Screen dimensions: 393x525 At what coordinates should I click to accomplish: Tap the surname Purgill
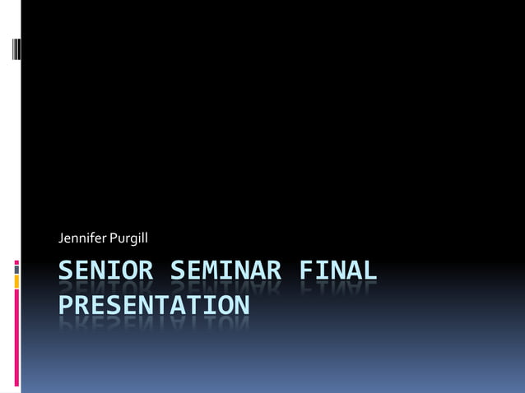126,239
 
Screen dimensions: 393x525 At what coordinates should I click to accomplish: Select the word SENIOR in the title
105,270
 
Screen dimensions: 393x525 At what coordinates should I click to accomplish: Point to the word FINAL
338,270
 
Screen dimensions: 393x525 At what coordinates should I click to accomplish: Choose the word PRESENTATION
153,306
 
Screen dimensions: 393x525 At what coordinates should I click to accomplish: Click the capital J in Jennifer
62,238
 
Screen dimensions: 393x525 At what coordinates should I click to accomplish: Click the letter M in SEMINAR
208,270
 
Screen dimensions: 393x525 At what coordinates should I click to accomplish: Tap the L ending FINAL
370,270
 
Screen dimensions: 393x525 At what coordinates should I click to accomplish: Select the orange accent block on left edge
16,281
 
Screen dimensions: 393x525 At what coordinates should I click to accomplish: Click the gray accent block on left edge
16,268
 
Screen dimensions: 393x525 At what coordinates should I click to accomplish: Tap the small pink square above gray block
16,261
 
